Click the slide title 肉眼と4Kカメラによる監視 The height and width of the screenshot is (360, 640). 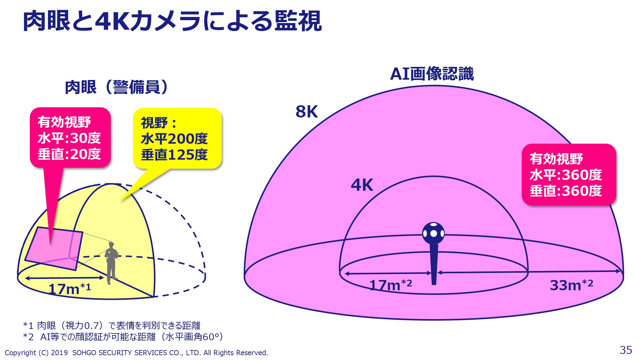(x=172, y=21)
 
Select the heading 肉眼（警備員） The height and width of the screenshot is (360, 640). (x=116, y=87)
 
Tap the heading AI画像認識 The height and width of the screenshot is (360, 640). (x=432, y=74)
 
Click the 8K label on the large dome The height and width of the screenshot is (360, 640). (x=307, y=112)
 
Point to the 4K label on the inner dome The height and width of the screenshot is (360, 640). (x=362, y=185)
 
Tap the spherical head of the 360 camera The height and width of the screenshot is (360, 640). (x=434, y=233)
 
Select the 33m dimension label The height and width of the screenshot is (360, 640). (x=572, y=284)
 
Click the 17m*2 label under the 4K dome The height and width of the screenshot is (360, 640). (x=391, y=284)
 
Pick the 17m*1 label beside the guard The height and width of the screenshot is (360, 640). (x=69, y=289)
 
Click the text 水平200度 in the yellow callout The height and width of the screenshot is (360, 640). (x=174, y=139)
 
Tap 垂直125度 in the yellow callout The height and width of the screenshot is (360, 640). (x=174, y=155)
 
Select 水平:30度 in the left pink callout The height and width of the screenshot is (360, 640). (x=69, y=138)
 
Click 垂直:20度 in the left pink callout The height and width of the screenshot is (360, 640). (x=69, y=154)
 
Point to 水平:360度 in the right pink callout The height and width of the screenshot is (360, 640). (x=566, y=175)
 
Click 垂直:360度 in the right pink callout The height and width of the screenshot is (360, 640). (x=566, y=191)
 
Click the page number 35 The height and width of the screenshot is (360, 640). (x=626, y=350)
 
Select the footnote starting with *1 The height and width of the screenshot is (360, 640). (x=112, y=325)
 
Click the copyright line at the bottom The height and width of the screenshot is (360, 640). (x=136, y=353)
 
